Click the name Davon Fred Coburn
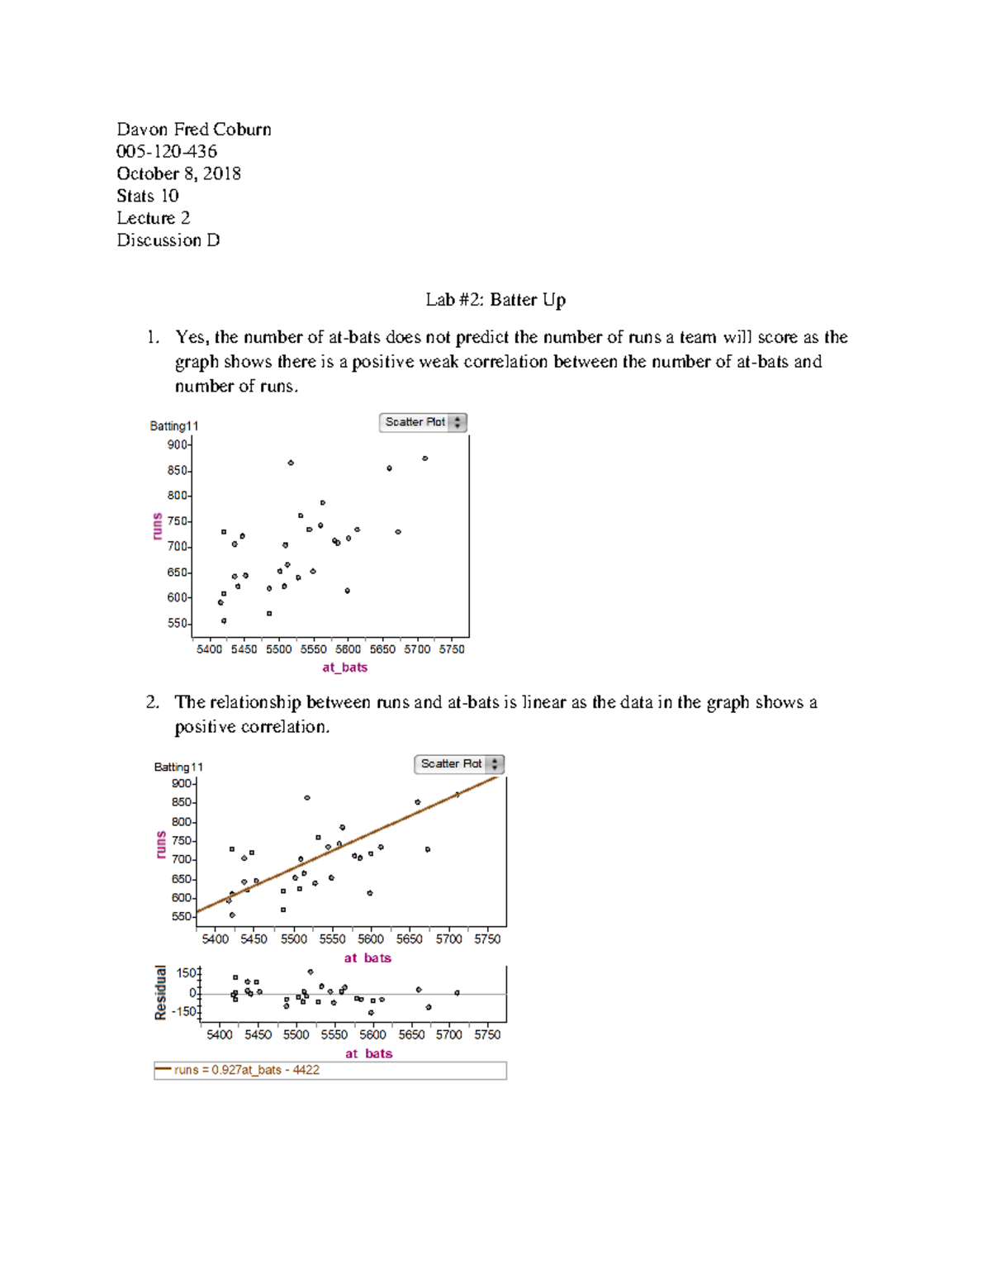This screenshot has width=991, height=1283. [193, 130]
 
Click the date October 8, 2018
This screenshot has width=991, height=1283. [178, 173]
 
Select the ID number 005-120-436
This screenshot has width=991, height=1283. [167, 152]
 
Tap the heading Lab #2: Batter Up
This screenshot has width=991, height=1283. [495, 300]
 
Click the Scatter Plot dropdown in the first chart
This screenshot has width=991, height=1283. [423, 422]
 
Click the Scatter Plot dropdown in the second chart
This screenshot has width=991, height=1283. [458, 764]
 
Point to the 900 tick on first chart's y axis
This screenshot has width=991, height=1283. [178, 444]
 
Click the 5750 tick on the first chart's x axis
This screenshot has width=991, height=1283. [452, 649]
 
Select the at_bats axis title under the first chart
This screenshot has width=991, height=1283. [344, 668]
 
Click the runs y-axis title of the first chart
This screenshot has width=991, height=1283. [157, 526]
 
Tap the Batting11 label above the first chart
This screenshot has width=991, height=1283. [173, 426]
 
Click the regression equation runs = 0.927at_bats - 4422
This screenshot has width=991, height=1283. [246, 1070]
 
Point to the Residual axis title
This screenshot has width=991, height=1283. [160, 992]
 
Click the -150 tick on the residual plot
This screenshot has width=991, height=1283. [184, 1011]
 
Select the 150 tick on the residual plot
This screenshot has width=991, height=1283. [187, 973]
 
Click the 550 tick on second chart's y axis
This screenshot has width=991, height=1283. [182, 917]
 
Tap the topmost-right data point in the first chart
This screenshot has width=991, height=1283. [424, 459]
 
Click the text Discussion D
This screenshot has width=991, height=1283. [168, 240]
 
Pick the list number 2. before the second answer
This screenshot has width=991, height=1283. [152, 702]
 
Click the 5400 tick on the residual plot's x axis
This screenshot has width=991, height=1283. [219, 1034]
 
